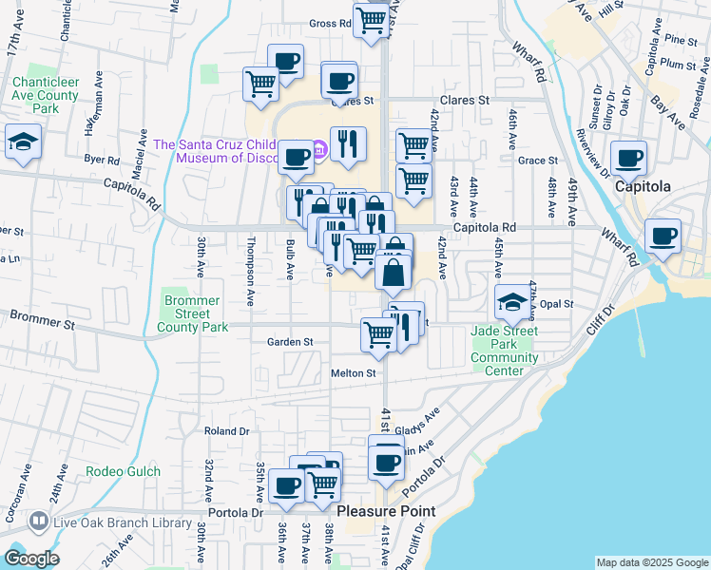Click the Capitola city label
click(x=643, y=187)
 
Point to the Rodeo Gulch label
click(x=123, y=471)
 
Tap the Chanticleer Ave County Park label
click(x=45, y=95)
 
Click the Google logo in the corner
click(x=30, y=559)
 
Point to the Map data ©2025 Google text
click(x=651, y=563)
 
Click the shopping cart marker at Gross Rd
click(x=371, y=20)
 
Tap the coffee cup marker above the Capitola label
click(x=628, y=158)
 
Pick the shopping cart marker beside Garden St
click(x=378, y=335)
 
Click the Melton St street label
click(x=354, y=373)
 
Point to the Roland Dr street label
click(x=227, y=430)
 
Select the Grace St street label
click(x=537, y=161)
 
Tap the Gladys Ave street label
click(x=422, y=418)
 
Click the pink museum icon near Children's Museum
click(x=319, y=147)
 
